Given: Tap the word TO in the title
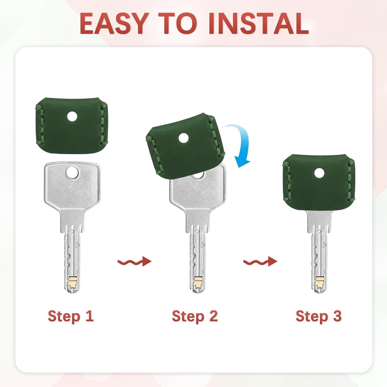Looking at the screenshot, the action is point(178,24).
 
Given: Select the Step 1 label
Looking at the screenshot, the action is point(71,316).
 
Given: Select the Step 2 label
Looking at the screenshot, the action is point(195,316).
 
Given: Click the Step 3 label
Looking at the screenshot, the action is point(319,316).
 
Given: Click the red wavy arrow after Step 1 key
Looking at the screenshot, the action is point(135,262).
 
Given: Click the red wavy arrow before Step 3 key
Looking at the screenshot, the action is point(260,262).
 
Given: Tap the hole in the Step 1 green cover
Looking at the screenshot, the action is point(72,116).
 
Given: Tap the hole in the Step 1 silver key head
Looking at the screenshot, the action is point(72,172).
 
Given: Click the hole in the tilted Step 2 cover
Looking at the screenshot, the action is point(183,138).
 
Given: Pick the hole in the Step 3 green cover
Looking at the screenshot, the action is point(319,173).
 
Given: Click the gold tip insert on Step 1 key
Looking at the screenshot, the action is point(73,282).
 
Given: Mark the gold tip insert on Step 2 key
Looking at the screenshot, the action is point(198,282).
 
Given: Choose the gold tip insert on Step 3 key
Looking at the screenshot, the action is point(320,282).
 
